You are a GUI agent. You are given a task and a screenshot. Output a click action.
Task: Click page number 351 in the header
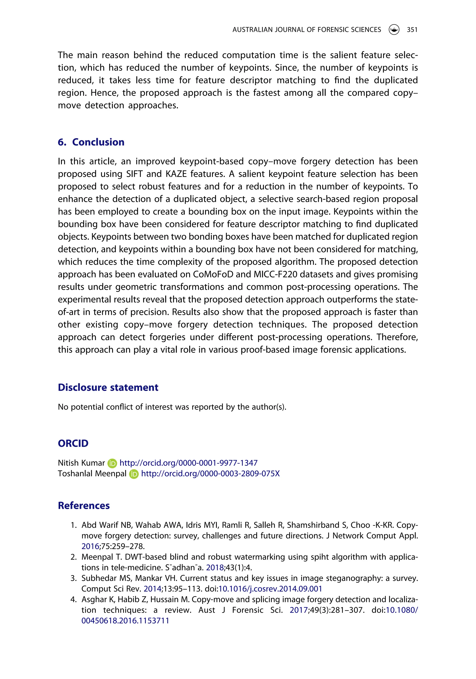(412, 30)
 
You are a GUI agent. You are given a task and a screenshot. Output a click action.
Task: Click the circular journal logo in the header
(394, 30)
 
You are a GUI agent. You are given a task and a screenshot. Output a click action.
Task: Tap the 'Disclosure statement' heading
(108, 387)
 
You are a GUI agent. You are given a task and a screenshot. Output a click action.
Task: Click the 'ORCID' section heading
(73, 443)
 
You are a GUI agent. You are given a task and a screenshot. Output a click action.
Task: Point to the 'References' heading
(84, 505)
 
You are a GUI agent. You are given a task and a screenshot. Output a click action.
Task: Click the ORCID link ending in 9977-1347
(188, 463)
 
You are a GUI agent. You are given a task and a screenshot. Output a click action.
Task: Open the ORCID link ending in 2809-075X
(210, 473)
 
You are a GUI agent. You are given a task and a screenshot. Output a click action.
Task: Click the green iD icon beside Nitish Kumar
(112, 463)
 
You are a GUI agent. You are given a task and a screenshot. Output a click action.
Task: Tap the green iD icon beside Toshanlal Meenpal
(134, 474)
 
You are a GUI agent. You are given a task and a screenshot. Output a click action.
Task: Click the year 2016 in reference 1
(90, 546)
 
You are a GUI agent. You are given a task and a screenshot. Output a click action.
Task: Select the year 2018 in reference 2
(215, 568)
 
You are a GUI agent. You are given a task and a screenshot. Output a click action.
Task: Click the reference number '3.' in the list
(74, 578)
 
